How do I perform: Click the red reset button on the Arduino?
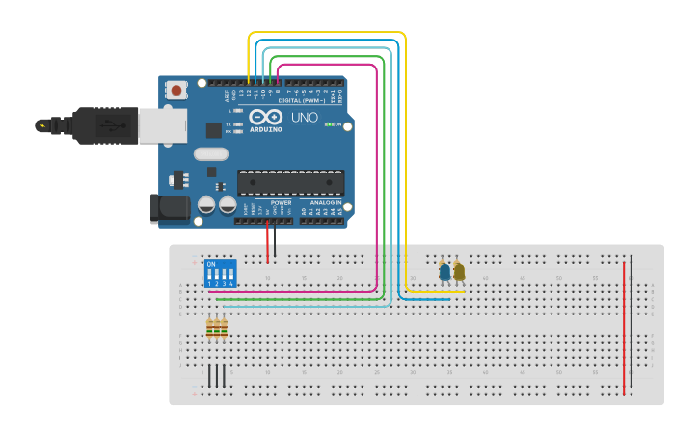click(x=176, y=90)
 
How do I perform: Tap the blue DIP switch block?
click(x=221, y=274)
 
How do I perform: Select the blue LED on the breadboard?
click(x=444, y=272)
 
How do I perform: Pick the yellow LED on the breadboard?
click(x=459, y=272)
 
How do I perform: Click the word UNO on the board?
click(x=305, y=118)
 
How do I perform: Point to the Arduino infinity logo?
click(x=265, y=117)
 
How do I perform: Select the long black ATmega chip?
click(x=290, y=182)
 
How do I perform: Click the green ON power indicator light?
click(x=329, y=124)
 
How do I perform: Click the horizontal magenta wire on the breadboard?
click(x=289, y=291)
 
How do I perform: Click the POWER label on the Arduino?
click(x=281, y=203)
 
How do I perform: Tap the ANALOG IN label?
click(x=326, y=203)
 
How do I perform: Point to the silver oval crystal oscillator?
click(x=211, y=153)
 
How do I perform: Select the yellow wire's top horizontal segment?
click(x=328, y=33)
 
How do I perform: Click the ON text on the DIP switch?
click(x=211, y=264)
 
